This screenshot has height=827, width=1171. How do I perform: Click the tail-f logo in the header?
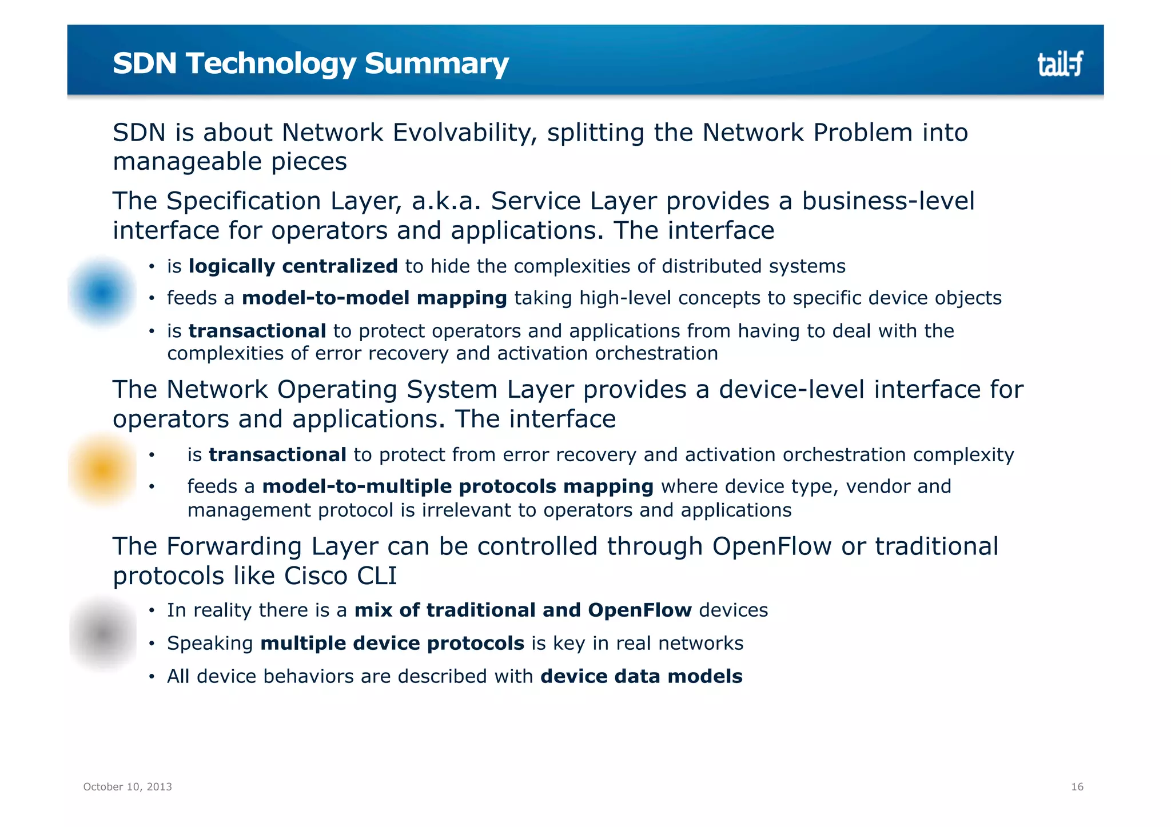(1060, 64)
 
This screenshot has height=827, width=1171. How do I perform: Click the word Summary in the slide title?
(436, 63)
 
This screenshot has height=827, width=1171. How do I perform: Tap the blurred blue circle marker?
(102, 292)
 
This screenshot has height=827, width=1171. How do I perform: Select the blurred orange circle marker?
(102, 470)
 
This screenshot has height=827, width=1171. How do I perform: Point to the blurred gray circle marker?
(103, 633)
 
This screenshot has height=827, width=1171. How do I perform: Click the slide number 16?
(1077, 787)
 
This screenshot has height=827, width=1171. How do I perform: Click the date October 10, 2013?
(128, 787)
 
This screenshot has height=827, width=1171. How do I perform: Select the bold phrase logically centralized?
(293, 266)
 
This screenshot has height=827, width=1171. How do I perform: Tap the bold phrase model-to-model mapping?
(375, 298)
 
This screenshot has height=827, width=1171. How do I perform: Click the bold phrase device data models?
(641, 677)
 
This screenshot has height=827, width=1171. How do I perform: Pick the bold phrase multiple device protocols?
(392, 644)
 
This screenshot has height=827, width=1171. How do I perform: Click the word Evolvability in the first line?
(464, 133)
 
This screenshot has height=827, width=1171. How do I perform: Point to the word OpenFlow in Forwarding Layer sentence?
(771, 546)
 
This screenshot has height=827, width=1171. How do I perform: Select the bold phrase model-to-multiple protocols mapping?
(457, 486)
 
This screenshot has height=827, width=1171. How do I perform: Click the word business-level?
(888, 201)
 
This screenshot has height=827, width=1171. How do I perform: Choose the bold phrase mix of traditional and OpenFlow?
(523, 610)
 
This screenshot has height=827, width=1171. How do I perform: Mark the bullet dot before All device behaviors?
(152, 677)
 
